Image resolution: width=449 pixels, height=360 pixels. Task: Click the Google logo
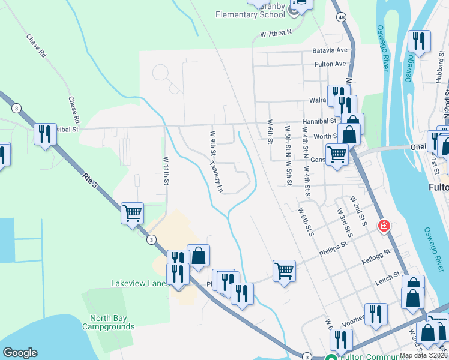(20, 353)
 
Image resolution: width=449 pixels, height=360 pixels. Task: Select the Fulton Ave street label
(330, 64)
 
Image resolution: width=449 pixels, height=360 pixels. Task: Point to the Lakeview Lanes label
(138, 283)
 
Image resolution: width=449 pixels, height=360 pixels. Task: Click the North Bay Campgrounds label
(112, 323)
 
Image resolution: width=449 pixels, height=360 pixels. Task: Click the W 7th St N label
(276, 35)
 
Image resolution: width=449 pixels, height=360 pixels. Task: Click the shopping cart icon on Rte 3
(132, 213)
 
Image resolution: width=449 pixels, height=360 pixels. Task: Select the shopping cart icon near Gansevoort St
(337, 155)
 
